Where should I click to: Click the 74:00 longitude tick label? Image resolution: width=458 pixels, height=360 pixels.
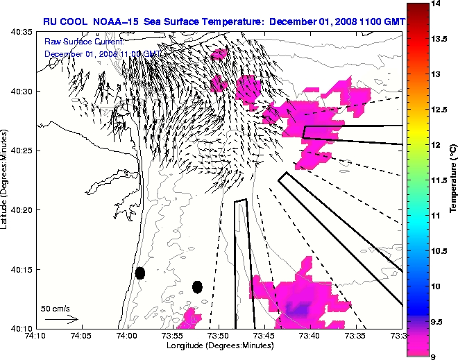pos(126,336)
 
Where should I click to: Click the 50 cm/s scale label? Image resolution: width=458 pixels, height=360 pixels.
pos(55,309)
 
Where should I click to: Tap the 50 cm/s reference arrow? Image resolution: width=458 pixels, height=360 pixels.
pos(61,320)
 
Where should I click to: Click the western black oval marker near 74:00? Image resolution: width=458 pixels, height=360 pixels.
pos(139,273)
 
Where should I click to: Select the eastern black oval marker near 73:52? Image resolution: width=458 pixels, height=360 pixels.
pos(197,286)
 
